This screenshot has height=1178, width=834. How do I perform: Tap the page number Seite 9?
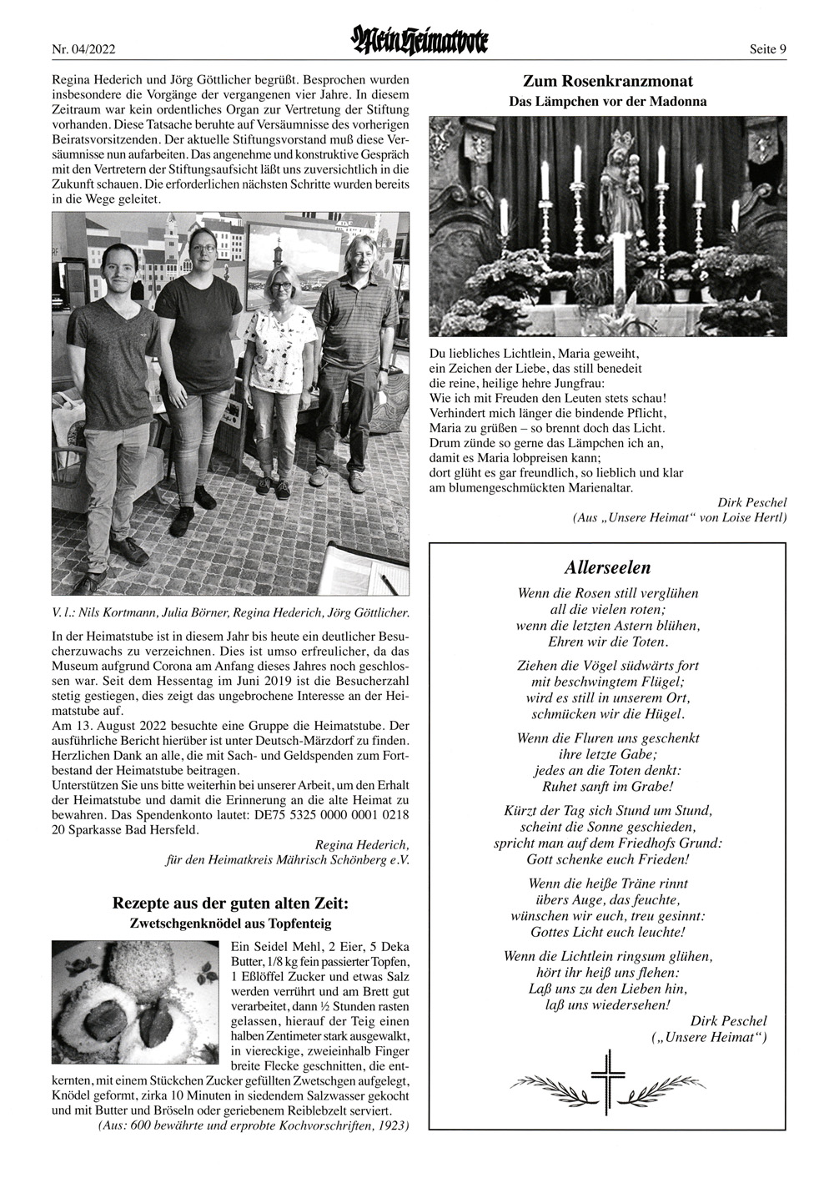(x=768, y=49)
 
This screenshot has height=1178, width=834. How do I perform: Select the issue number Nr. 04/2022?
(x=83, y=49)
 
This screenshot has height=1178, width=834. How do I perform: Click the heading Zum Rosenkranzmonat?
(x=608, y=81)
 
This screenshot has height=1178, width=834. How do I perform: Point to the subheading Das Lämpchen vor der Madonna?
(x=608, y=102)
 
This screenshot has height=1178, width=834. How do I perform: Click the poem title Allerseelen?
(x=607, y=568)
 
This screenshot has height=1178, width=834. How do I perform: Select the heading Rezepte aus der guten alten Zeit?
(x=230, y=904)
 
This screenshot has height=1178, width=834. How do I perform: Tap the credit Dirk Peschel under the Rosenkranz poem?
(x=751, y=502)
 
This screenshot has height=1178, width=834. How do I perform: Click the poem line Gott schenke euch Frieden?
(x=607, y=858)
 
